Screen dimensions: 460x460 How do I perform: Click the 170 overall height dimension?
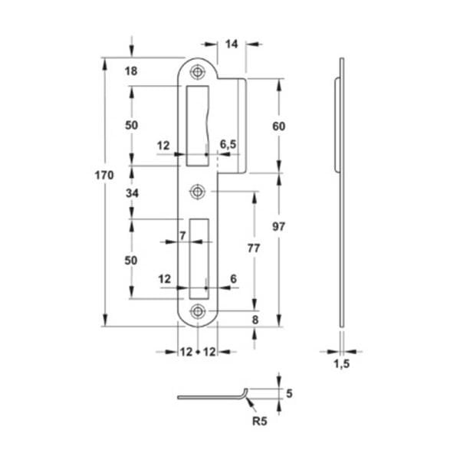click(x=104, y=175)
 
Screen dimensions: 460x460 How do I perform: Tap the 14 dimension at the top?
click(x=232, y=44)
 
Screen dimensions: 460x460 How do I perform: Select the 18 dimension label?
click(x=131, y=71)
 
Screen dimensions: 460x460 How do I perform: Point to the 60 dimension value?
click(x=279, y=127)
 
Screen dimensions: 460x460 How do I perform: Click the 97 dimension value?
click(x=278, y=226)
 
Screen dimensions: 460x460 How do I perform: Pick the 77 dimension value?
click(x=254, y=248)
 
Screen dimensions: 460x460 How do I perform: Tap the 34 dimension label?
click(x=132, y=193)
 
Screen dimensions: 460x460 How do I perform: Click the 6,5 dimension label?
click(x=228, y=144)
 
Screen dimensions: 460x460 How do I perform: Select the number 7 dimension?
click(x=182, y=235)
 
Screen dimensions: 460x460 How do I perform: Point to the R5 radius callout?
click(x=260, y=421)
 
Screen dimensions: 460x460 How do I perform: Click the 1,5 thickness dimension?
click(x=342, y=363)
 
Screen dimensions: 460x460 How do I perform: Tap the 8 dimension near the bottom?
click(x=255, y=320)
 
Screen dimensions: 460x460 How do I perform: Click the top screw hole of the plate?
click(x=198, y=71)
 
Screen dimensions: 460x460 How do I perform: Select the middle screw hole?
click(x=198, y=192)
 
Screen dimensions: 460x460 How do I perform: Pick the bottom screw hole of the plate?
click(x=198, y=311)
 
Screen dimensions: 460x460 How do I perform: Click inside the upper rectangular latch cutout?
click(x=197, y=126)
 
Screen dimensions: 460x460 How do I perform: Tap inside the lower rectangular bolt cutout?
click(x=199, y=259)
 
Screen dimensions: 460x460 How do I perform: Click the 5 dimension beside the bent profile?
click(x=289, y=393)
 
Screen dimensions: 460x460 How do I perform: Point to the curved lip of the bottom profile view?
click(x=245, y=393)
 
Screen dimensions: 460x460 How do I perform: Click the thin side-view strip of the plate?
click(x=342, y=192)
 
